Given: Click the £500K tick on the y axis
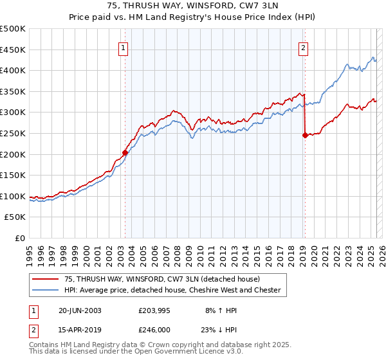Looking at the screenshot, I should [x=13, y=29].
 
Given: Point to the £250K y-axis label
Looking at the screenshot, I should [x=13, y=133].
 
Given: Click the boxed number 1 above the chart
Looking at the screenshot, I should [x=123, y=47].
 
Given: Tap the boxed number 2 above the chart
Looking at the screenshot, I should [x=303, y=47].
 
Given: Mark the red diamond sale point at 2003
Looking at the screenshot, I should [x=125, y=152].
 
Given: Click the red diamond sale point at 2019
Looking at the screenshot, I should [x=305, y=135].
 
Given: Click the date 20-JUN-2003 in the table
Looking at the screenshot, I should [x=79, y=310].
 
